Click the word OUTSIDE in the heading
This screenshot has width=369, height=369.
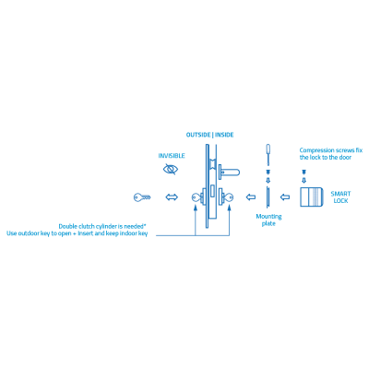pos(197,135)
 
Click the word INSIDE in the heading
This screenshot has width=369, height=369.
pos(223,135)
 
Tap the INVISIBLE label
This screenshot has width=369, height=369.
pos(171,156)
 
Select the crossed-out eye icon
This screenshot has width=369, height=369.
pos(171,170)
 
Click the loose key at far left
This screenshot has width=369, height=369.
pos(141,197)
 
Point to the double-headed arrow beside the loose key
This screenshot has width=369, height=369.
pos(171,197)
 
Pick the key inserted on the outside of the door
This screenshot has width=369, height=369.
pos(196,197)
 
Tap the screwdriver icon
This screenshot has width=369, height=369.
pos(268,154)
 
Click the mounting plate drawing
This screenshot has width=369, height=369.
pos(268,197)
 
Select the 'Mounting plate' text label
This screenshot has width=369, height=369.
pos(268,220)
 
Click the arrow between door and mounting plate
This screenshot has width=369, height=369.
pos(249,197)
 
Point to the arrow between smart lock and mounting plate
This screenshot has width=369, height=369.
pos(286,197)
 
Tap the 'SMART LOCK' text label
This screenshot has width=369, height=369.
pos(340,197)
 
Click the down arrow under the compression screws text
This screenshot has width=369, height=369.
pos(304,173)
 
